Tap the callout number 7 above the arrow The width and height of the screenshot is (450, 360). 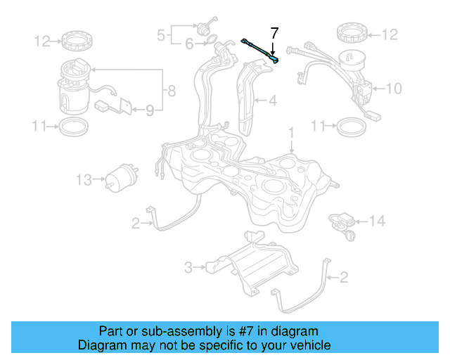274,32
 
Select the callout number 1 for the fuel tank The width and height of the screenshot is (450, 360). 290,131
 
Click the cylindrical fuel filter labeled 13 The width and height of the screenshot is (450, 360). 122,181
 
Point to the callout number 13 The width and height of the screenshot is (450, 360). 84,181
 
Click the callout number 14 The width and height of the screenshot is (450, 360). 378,221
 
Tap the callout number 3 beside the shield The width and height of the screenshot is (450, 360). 188,267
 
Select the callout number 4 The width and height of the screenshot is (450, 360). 271,101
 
